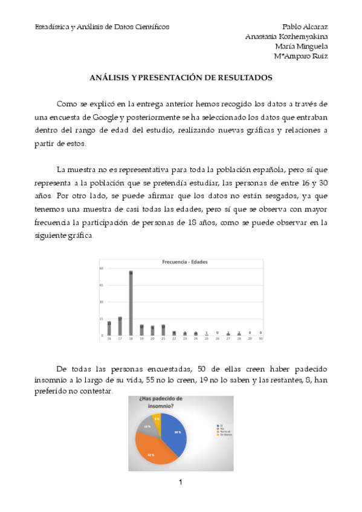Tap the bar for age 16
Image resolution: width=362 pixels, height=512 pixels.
tap(109, 328)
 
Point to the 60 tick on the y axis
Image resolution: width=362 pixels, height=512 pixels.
tap(102, 268)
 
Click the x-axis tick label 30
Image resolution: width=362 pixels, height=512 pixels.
tap(260, 339)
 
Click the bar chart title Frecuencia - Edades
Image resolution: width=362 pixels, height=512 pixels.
tap(181, 262)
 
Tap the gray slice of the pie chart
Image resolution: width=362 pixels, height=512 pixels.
tap(146, 424)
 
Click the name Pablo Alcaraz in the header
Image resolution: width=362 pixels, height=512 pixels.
tap(305, 27)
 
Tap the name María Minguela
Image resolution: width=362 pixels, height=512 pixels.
tap(301, 46)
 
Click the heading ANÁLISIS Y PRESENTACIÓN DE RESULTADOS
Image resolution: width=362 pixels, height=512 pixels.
tap(181, 78)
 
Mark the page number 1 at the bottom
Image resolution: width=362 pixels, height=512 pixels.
tap(181, 482)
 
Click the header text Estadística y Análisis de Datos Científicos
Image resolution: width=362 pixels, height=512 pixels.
tap(102, 27)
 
